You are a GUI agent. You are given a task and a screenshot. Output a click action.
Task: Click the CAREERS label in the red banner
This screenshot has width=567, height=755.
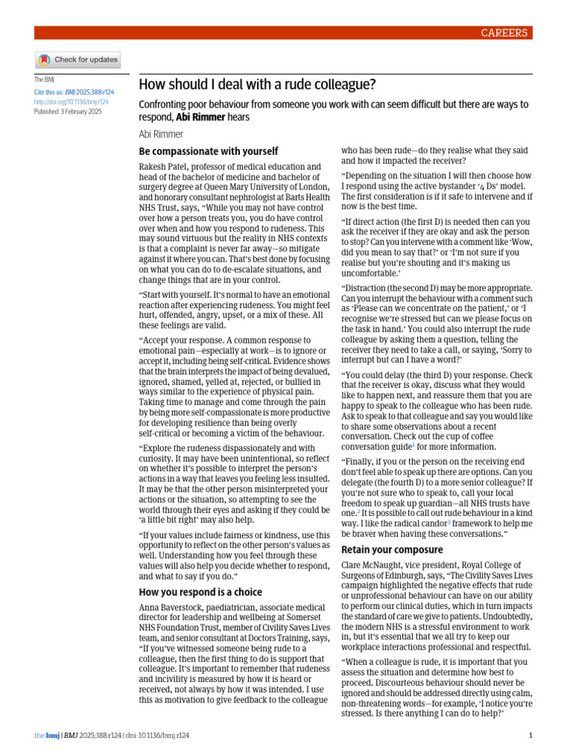504,32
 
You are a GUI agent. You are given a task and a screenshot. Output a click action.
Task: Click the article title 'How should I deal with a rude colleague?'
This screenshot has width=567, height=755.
257,84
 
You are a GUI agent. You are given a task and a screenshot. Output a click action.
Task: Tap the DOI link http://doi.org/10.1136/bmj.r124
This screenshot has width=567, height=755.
72,102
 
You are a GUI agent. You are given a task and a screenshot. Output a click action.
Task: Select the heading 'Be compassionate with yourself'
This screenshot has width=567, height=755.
209,151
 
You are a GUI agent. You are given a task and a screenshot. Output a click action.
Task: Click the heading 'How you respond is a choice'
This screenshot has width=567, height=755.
201,591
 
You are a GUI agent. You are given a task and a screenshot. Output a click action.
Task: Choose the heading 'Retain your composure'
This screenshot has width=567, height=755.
391,549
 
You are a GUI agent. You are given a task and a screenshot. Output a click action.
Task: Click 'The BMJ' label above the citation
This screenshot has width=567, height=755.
44,80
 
